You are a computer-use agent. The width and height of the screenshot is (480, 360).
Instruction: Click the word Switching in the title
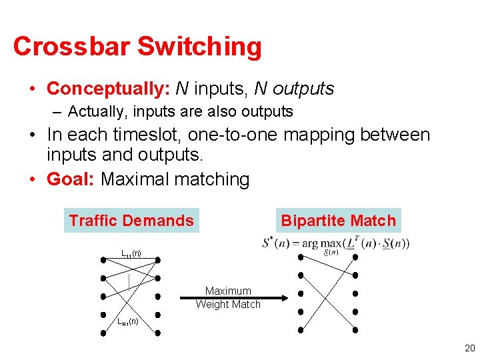199,47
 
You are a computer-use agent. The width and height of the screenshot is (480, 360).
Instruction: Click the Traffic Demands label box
131,221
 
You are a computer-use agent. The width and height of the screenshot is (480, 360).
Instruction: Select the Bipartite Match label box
338,221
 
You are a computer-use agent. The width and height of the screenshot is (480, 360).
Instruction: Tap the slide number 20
469,348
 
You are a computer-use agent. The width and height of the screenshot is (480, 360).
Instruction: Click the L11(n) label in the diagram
131,253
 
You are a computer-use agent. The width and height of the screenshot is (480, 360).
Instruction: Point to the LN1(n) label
128,322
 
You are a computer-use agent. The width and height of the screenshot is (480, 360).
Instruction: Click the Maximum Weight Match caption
228,297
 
